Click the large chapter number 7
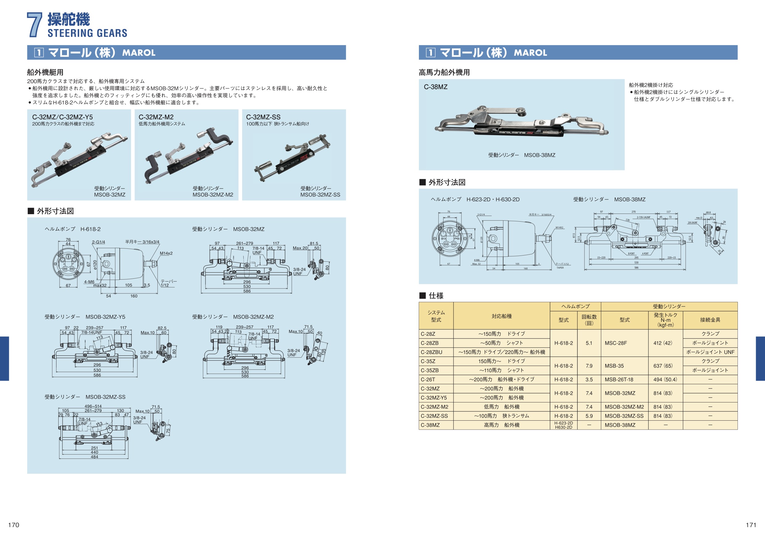click(x=34, y=25)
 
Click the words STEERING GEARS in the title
click(x=87, y=33)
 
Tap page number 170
click(x=14, y=525)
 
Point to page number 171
click(x=751, y=525)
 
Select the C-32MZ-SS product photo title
click(x=263, y=117)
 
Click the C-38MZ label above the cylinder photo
click(x=436, y=87)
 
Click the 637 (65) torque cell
click(x=663, y=366)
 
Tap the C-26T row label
click(x=428, y=379)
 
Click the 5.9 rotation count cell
click(x=589, y=416)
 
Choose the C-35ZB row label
click(x=429, y=370)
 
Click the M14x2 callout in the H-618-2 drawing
click(x=166, y=253)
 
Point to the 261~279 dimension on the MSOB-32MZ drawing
click(x=245, y=243)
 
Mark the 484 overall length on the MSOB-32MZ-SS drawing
click(x=95, y=457)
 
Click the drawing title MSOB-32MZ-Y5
click(x=105, y=317)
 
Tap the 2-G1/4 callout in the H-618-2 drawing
click(x=98, y=242)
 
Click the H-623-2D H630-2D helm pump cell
click(x=564, y=425)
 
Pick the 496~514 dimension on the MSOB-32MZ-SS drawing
click(x=93, y=406)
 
